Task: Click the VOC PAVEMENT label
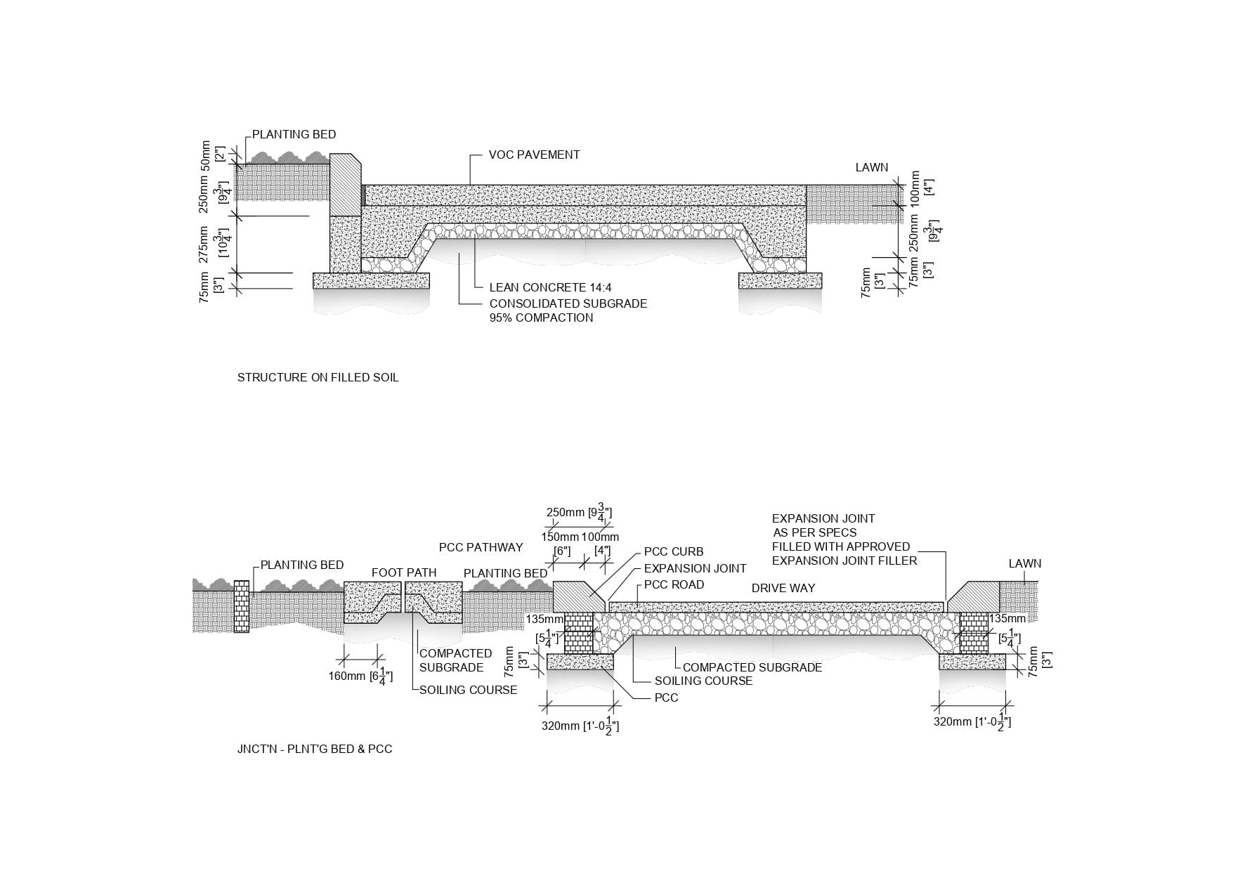coord(534,155)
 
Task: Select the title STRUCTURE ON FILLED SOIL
coord(318,377)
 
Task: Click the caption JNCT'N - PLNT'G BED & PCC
coord(315,749)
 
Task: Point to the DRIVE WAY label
coord(783,588)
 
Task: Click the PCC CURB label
coord(674,552)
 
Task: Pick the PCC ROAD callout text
coord(674,584)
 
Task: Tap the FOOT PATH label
coord(404,572)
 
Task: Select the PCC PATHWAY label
coord(481,547)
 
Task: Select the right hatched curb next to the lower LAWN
coord(973,596)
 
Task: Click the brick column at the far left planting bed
coord(241,606)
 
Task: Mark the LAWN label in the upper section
coord(872,167)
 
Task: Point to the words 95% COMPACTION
coord(541,317)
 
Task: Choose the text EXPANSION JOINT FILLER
coord(844,561)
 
